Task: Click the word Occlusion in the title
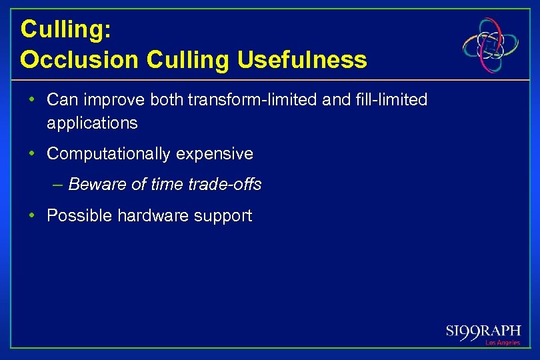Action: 80,60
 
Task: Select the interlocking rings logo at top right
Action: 491,45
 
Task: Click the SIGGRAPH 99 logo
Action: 483,332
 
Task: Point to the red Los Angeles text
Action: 502,343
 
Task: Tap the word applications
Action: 92,123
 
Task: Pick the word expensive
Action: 215,154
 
